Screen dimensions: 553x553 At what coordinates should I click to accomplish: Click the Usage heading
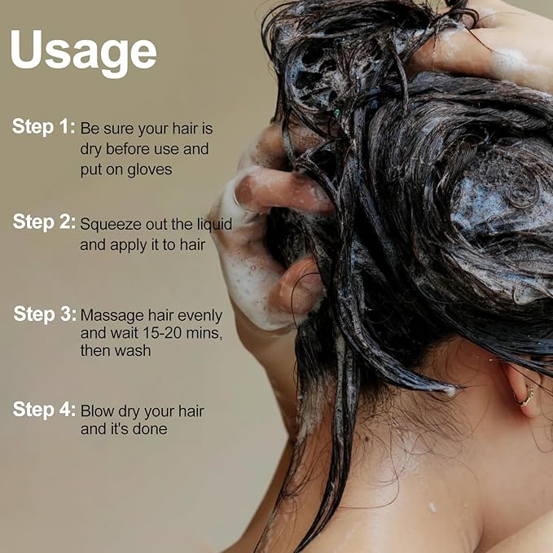[83, 50]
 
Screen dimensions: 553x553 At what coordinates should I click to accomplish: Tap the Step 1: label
[44, 127]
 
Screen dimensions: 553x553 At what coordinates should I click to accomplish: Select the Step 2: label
[44, 222]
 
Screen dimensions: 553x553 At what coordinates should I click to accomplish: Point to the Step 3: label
[45, 314]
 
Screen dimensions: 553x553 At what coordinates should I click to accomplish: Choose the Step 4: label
[44, 410]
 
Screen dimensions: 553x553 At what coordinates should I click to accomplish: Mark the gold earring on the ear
[526, 397]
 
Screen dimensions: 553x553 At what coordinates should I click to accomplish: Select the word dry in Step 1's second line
[92, 150]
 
